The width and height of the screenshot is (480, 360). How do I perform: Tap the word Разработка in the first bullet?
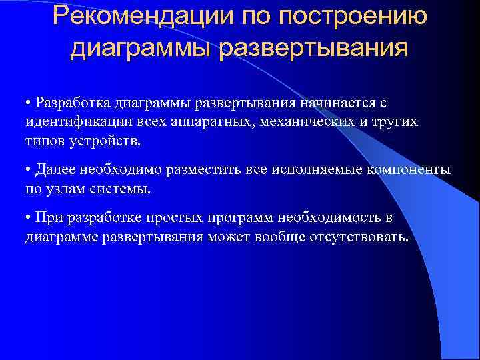pos(73,103)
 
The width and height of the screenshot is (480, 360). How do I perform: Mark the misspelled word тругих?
pos(395,123)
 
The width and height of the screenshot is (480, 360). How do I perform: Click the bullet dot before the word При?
pos(29,218)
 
